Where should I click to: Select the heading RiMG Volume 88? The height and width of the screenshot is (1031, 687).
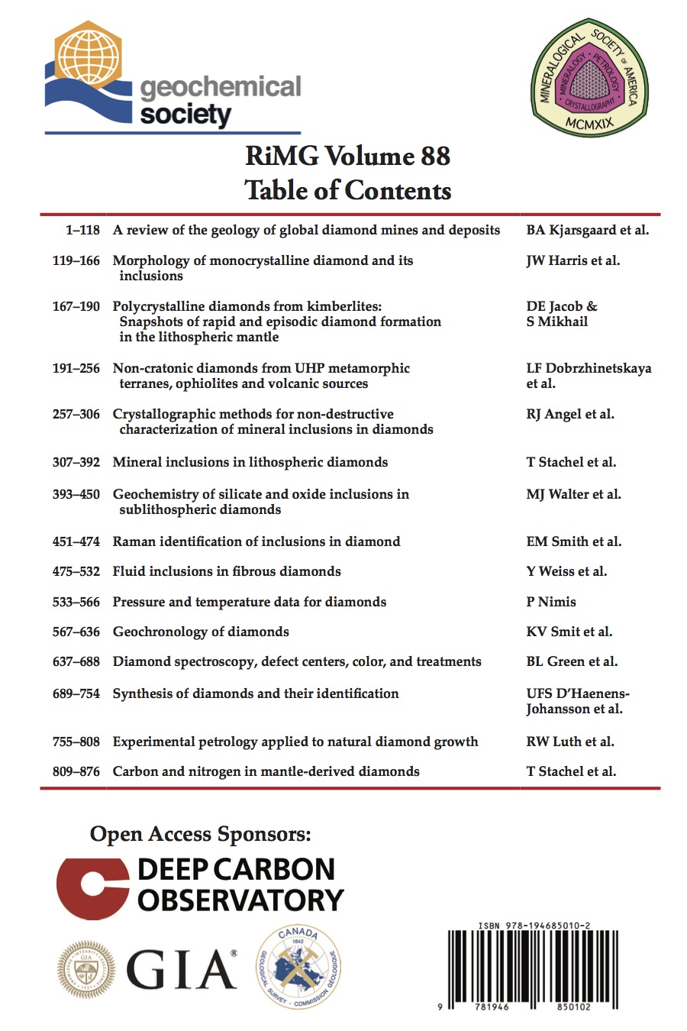(x=347, y=156)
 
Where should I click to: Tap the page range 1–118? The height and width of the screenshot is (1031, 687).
(x=82, y=230)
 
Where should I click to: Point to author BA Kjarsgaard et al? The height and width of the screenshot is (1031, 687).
(x=587, y=230)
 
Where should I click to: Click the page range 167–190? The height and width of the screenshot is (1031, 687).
(x=76, y=306)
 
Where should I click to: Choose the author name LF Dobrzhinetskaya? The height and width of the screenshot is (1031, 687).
(x=589, y=368)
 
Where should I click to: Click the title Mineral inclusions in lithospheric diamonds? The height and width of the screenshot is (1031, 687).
(x=250, y=462)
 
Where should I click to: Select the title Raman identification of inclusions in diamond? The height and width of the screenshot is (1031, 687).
(x=256, y=541)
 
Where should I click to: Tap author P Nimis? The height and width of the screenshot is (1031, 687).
(x=550, y=602)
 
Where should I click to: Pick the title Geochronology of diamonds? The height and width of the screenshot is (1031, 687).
(x=201, y=632)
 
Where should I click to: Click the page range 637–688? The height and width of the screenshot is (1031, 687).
(x=76, y=661)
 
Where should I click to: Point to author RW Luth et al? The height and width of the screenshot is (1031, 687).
(x=569, y=742)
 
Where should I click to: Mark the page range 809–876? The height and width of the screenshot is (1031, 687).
(x=76, y=771)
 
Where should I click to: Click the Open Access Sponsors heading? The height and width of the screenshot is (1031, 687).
(x=200, y=833)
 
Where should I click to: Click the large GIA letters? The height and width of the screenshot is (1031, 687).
(x=181, y=970)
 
